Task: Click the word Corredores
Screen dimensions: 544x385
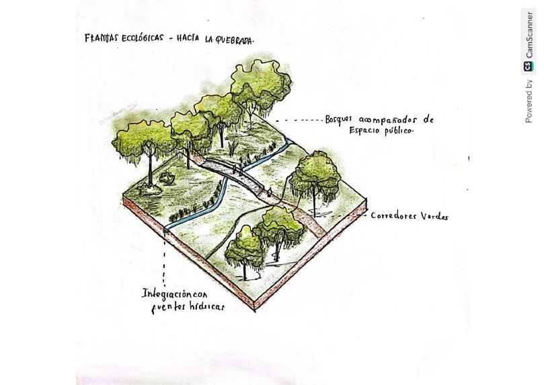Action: click(396, 216)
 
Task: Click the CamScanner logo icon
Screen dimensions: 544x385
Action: click(529, 66)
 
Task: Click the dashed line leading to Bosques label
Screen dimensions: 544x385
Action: click(299, 120)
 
